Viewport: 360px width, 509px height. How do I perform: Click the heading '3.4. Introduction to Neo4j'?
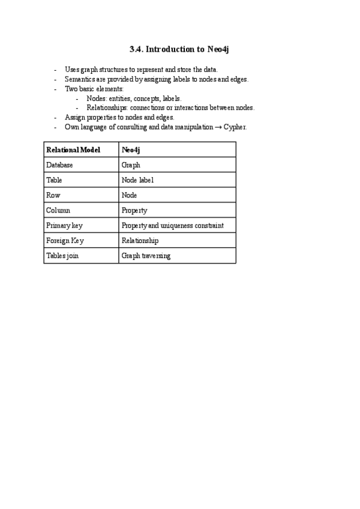179,49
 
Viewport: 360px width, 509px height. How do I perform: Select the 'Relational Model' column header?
73,149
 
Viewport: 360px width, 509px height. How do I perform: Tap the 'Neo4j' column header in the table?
130,149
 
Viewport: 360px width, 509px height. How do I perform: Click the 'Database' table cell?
59,165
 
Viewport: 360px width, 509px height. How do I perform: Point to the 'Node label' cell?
137,180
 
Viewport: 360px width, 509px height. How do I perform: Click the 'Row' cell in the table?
53,195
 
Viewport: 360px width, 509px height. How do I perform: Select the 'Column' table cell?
58,211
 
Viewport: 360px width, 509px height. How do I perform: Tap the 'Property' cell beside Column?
134,211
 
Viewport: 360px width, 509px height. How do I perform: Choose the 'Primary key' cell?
64,226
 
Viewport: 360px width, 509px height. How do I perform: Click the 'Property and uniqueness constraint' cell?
172,226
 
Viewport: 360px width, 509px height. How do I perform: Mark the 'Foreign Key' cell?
65,241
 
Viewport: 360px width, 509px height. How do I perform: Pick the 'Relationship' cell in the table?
140,241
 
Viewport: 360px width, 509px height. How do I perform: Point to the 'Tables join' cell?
62,256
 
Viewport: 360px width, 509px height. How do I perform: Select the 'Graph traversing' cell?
146,256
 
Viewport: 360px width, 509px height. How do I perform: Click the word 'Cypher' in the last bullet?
235,127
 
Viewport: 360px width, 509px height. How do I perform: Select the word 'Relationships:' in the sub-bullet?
107,108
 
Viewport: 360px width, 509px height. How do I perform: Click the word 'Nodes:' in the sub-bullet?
97,98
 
